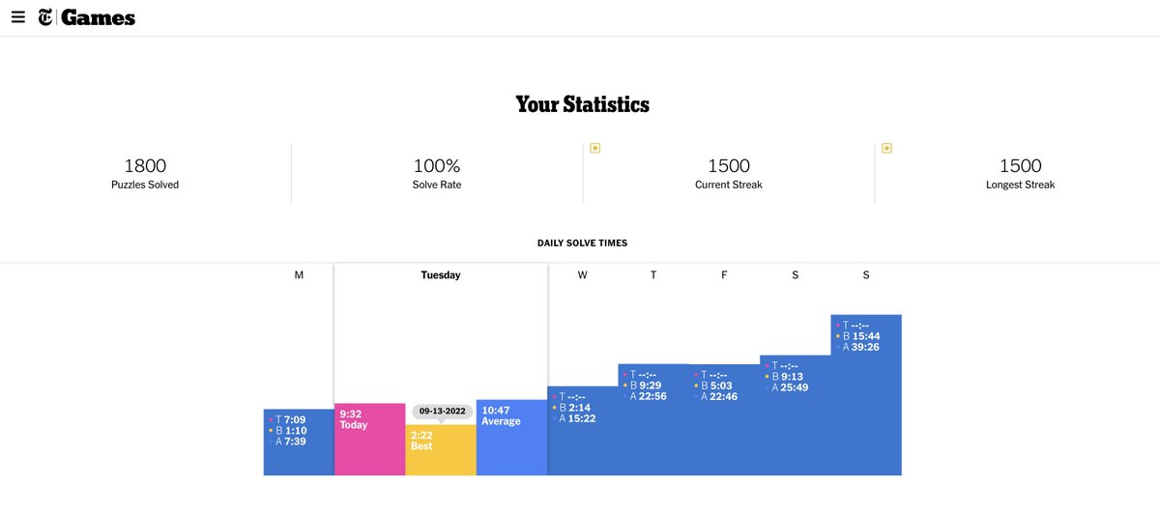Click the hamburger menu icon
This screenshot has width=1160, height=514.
[x=18, y=17]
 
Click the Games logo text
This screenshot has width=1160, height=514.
[x=98, y=17]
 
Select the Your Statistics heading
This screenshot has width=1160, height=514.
[x=582, y=104]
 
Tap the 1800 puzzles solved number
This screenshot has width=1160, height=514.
[x=145, y=166]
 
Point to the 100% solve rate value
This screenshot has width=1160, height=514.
[x=437, y=166]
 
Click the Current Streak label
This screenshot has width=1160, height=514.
[x=728, y=185]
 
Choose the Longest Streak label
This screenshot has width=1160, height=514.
[x=1020, y=185]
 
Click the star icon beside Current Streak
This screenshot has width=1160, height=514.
[x=595, y=148]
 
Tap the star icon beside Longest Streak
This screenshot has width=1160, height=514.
[x=886, y=148]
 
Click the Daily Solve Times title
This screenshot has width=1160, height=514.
[x=582, y=243]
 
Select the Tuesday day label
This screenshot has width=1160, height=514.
[x=441, y=275]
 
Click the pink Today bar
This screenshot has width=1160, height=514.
[x=369, y=440]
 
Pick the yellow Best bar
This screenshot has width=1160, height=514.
[x=441, y=451]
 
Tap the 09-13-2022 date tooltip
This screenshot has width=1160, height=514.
[x=442, y=411]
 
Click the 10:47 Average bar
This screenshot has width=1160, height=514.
[x=511, y=438]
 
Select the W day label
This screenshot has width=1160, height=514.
[x=583, y=275]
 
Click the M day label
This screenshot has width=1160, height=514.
[x=299, y=275]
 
